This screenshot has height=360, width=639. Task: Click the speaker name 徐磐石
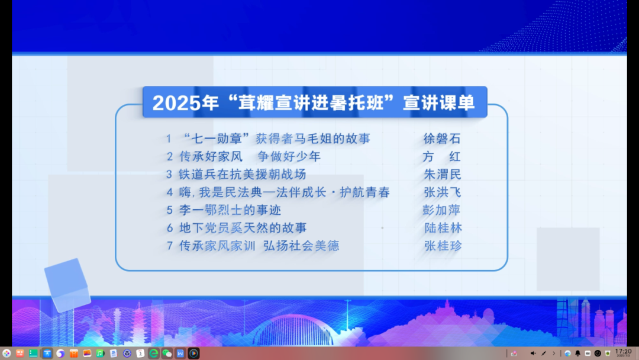[442, 139]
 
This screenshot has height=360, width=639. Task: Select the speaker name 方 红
[442, 156]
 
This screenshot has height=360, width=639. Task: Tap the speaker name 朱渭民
[442, 175]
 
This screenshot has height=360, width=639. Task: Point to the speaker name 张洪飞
[442, 192]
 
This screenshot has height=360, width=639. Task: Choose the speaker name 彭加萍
[441, 210]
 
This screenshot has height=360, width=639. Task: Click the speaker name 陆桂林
[443, 228]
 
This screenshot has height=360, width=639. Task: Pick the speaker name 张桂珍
[443, 246]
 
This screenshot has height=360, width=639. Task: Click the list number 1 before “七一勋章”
[169, 139]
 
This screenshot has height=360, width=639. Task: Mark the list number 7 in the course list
[170, 246]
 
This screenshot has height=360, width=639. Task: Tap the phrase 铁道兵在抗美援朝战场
[243, 175]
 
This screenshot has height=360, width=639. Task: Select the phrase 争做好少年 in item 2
[289, 156]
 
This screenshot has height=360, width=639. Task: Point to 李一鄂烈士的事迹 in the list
[230, 210]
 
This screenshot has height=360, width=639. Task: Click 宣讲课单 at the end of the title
[439, 102]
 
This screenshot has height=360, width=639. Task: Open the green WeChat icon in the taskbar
[167, 353]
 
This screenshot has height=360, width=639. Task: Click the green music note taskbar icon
[100, 353]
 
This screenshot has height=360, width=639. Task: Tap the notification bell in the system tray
[577, 353]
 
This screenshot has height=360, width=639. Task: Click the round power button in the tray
[598, 353]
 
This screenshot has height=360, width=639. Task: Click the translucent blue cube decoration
[67, 285]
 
